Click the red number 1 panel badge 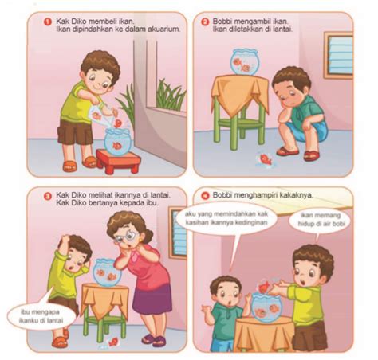pyautogui.click(x=47, y=22)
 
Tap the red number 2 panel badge pyautogui.click(x=204, y=22)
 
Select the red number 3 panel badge pyautogui.click(x=48, y=196)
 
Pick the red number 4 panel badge pyautogui.click(x=205, y=196)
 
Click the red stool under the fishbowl pyautogui.click(x=118, y=161)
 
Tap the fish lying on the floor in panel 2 pyautogui.click(x=266, y=158)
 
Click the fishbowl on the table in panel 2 pyautogui.click(x=245, y=62)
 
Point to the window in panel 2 pyautogui.click(x=339, y=55)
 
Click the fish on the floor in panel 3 pyautogui.click(x=113, y=342)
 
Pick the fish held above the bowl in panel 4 pyautogui.click(x=265, y=286)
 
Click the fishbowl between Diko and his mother pyautogui.click(x=107, y=273)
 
